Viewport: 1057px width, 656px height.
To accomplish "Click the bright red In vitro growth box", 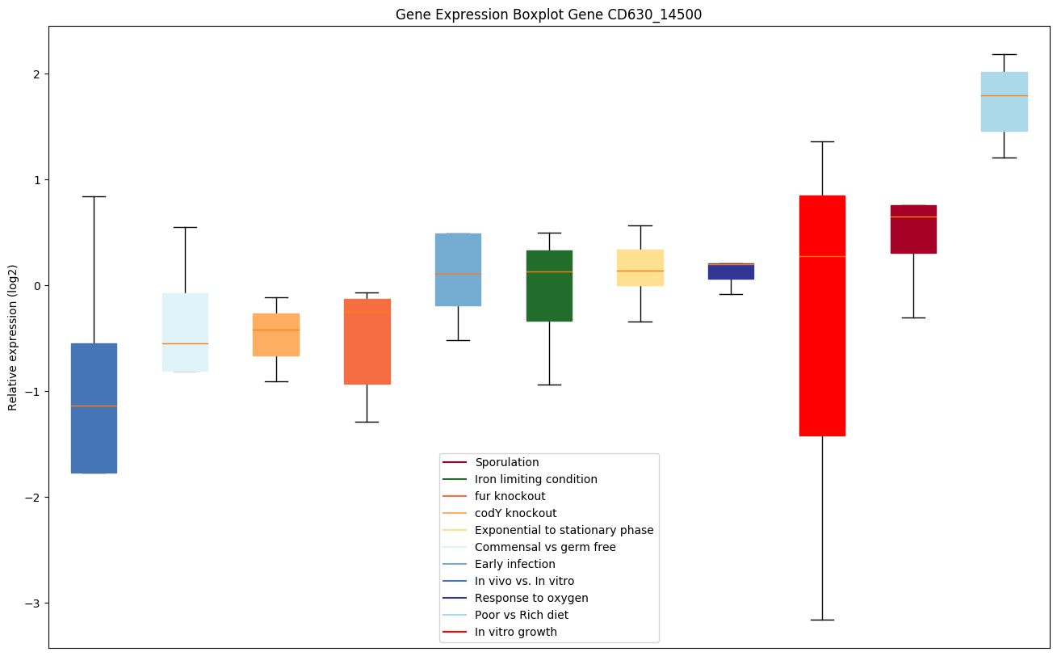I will tap(822, 315).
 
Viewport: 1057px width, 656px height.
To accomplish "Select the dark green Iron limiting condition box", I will tap(549, 285).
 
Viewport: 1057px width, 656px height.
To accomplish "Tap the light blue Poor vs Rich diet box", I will tap(1004, 101).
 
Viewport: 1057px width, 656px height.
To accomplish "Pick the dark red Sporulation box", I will tap(913, 229).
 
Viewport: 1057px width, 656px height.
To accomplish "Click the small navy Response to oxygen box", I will tap(731, 271).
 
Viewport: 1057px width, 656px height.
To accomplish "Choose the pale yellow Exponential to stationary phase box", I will tap(640, 267).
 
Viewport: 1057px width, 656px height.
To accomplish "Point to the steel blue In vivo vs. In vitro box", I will tap(94, 408).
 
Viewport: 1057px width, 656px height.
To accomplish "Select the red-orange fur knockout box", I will tap(367, 341).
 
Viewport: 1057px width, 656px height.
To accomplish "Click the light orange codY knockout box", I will tap(276, 334).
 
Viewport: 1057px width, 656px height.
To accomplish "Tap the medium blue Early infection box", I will tap(458, 269).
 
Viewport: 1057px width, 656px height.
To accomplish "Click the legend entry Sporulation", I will tap(506, 462).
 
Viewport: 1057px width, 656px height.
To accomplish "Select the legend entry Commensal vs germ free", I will tap(545, 547).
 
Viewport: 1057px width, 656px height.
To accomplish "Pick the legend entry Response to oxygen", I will tap(531, 598).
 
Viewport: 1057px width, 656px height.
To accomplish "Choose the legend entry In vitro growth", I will tap(516, 632).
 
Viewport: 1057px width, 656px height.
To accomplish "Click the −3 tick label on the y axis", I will tap(33, 603).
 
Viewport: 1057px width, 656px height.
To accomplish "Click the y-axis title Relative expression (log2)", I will tap(13, 337).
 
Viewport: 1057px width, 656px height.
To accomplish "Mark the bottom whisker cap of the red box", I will tap(822, 620).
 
